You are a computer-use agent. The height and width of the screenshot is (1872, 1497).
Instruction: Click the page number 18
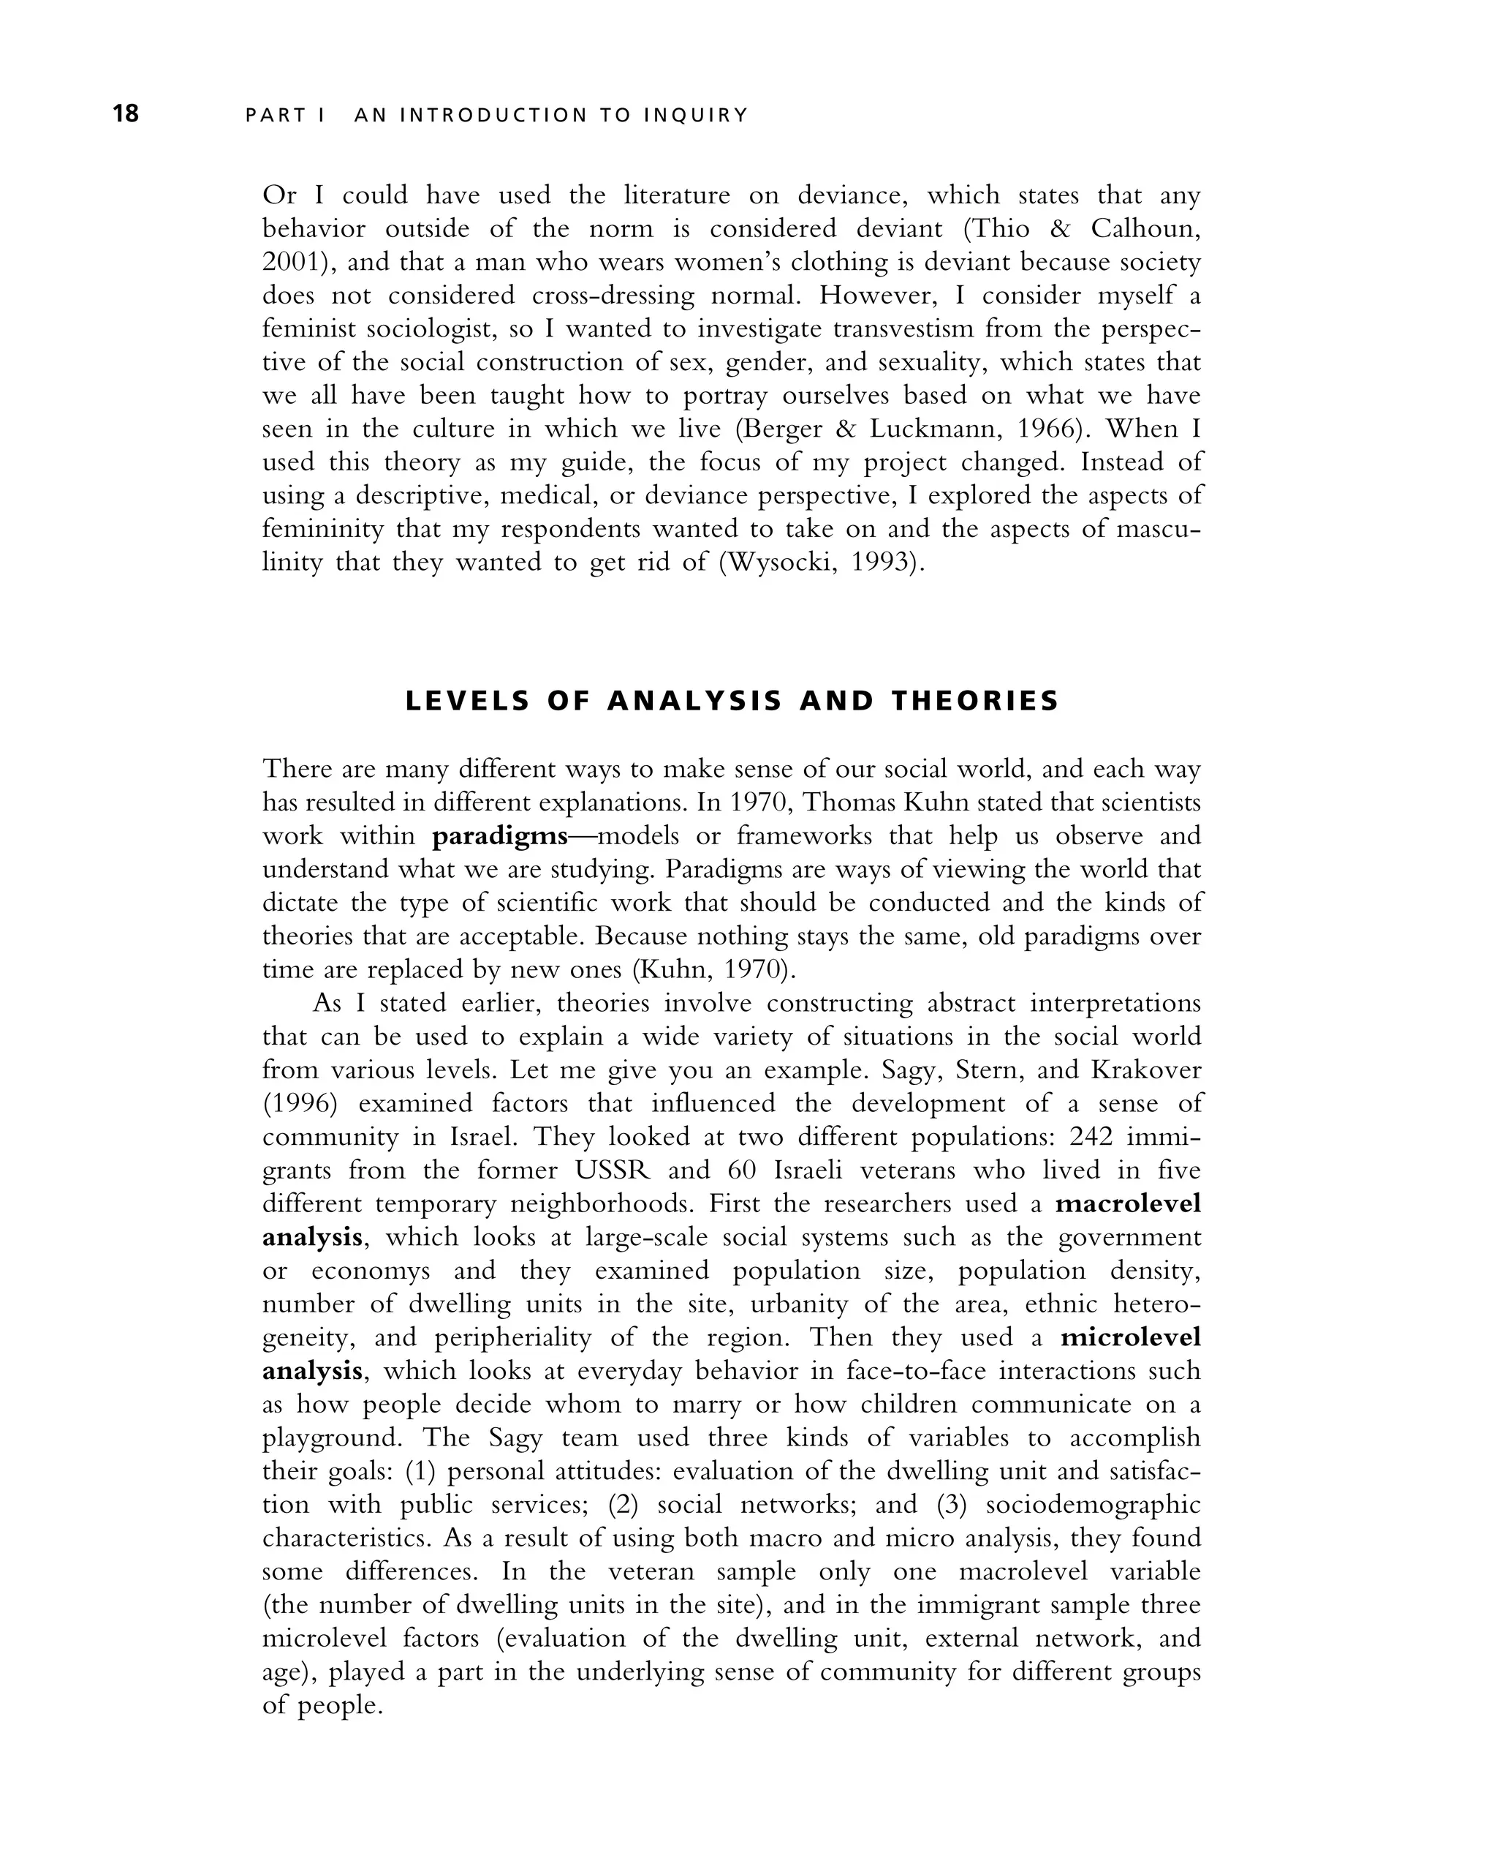[x=126, y=113]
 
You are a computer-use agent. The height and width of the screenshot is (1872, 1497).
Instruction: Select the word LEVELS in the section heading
[x=468, y=701]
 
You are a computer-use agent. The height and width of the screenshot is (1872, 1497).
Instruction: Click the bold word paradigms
[x=500, y=836]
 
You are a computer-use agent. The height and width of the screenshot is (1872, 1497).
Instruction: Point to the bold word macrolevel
[x=1128, y=1203]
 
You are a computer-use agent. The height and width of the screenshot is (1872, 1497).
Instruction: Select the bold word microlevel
[x=1130, y=1337]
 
